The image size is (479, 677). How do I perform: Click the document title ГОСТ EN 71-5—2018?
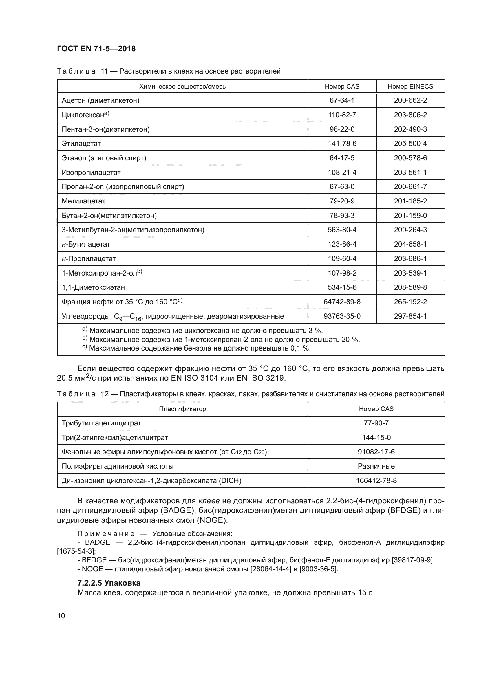click(x=96, y=49)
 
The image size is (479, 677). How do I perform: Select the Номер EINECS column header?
click(x=410, y=86)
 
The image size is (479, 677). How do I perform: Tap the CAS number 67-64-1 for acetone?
click(x=342, y=100)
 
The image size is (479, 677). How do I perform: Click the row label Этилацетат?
click(x=81, y=144)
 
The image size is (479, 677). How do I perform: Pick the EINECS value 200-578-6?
click(x=410, y=158)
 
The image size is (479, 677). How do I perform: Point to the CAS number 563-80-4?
click(x=342, y=230)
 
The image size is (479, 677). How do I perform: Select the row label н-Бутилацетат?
click(x=86, y=244)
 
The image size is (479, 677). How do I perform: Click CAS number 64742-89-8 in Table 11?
click(x=342, y=302)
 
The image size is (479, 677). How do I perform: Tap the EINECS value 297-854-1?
click(x=410, y=316)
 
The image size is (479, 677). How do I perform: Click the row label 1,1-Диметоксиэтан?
click(x=93, y=287)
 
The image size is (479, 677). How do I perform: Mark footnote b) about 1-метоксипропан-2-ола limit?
click(x=221, y=340)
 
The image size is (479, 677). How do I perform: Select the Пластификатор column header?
click(x=182, y=409)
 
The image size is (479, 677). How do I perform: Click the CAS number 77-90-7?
click(x=376, y=423)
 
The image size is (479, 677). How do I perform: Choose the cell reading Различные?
click(x=376, y=466)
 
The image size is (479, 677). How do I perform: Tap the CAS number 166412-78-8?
click(x=376, y=481)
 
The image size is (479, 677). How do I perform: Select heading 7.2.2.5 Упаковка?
click(x=109, y=583)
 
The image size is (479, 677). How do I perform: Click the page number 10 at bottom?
click(x=61, y=616)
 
